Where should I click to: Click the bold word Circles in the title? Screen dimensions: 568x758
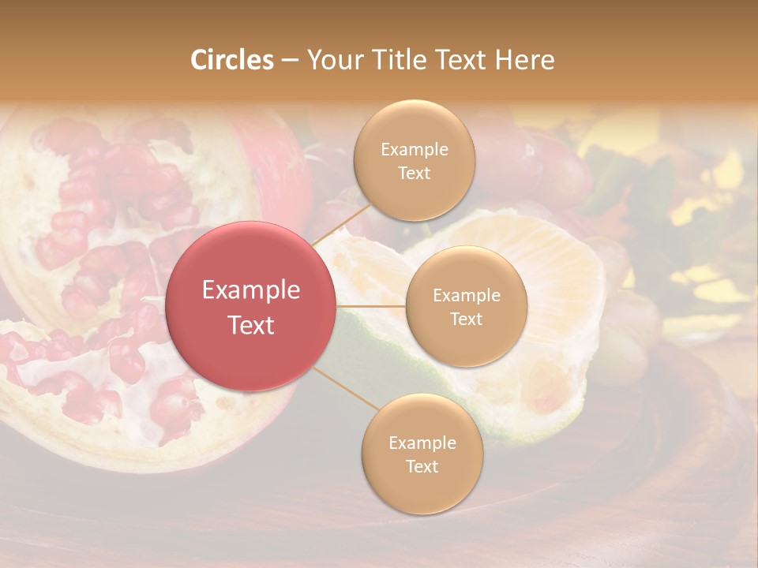click(231, 60)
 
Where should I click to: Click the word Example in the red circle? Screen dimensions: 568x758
click(251, 290)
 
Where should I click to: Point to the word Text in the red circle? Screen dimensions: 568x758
click(251, 324)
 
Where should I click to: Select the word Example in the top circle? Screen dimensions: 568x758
click(415, 150)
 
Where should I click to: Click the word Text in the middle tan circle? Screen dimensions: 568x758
click(467, 319)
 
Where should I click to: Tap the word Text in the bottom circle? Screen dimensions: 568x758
click(422, 466)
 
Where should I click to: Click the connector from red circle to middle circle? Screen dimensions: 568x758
click(371, 305)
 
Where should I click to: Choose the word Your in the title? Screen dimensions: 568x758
click(332, 60)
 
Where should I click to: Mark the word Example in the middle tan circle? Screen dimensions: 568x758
click(467, 296)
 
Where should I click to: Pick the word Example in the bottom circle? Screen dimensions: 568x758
click(422, 443)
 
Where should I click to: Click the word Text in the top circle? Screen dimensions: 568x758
click(415, 173)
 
